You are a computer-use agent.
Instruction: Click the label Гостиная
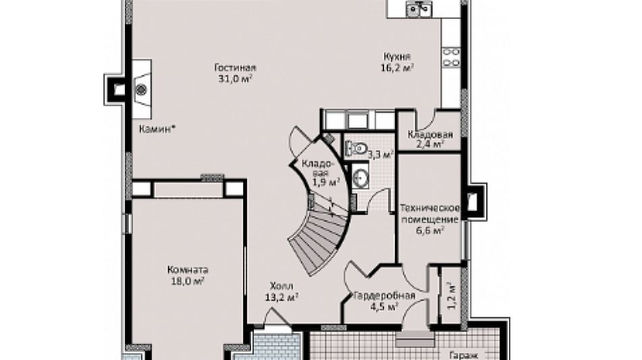pos(235,68)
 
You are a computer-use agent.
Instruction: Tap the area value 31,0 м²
pos(235,78)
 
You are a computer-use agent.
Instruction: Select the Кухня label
pos(397,57)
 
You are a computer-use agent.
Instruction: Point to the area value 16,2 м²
pos(397,68)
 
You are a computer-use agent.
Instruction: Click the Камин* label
pos(158,129)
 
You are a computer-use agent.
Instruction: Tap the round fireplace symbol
pos(141,89)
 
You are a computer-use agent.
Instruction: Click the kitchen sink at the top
pos(419,8)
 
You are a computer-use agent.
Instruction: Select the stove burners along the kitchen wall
pos(451,57)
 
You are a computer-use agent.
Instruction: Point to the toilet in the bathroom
pos(356,148)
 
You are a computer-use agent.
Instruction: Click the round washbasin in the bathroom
pos(360,178)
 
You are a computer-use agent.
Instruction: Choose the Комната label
pos(188,270)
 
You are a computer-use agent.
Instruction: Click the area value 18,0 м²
pos(187,281)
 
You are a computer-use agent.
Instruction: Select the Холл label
pos(282,286)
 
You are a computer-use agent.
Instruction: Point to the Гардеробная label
pos(385,295)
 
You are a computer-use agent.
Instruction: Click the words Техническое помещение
pos(429,213)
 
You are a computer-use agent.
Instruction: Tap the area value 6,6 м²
pos(430,230)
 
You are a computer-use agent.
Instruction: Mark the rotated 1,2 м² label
pos(451,295)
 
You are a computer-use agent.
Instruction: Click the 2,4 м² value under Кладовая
pos(431,144)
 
